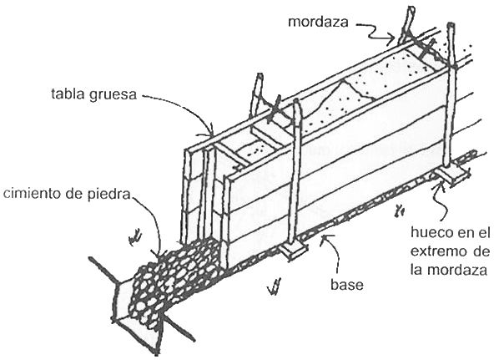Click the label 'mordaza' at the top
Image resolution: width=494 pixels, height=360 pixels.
point(318,22)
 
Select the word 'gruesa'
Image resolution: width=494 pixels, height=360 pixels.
point(113,95)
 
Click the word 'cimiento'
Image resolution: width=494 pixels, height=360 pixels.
point(33,194)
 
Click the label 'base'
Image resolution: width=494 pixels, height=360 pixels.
point(347,284)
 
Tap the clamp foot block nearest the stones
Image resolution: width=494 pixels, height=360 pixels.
point(293,250)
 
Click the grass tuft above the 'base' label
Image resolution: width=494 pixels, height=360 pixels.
point(274,286)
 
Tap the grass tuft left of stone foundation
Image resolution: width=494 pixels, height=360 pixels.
point(136,237)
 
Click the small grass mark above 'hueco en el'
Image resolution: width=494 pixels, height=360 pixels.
point(399,210)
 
